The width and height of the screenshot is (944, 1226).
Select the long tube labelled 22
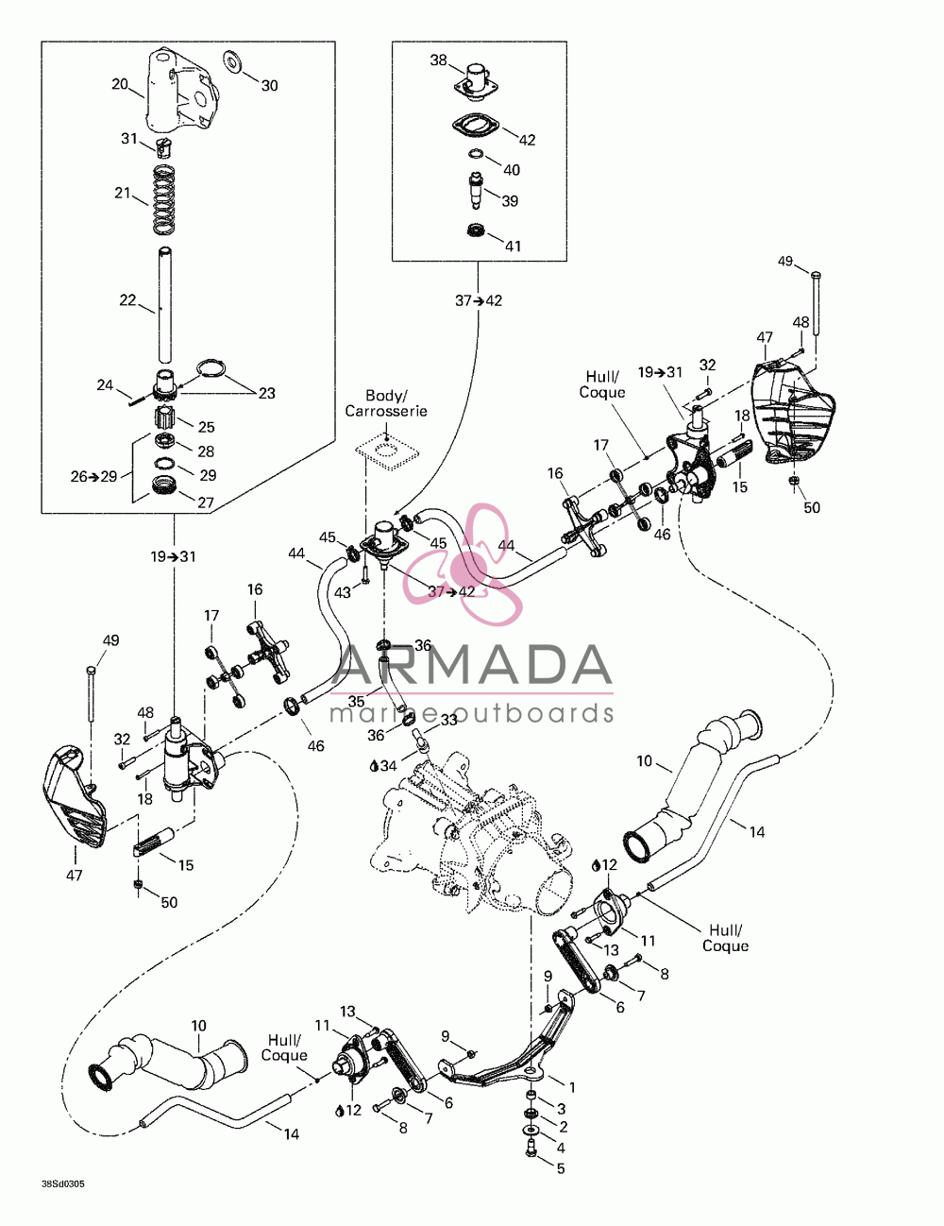[164, 305]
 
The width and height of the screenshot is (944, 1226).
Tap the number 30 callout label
[270, 86]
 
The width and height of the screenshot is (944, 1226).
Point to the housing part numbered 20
[180, 92]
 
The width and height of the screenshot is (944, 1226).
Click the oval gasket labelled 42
[476, 127]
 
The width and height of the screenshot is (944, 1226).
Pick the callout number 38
[438, 60]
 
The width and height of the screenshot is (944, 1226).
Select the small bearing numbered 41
[477, 230]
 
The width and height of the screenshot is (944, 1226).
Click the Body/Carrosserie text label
[386, 402]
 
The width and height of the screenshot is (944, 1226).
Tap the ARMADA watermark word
[472, 665]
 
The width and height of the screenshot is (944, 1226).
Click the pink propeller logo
[463, 564]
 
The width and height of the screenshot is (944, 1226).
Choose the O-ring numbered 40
[476, 153]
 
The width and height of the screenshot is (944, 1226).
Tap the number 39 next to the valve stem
[510, 201]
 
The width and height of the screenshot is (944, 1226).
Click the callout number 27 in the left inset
[206, 502]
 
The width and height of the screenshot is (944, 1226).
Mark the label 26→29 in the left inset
[93, 477]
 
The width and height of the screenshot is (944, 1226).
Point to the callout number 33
[449, 720]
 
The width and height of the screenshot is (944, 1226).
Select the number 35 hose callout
[356, 701]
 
